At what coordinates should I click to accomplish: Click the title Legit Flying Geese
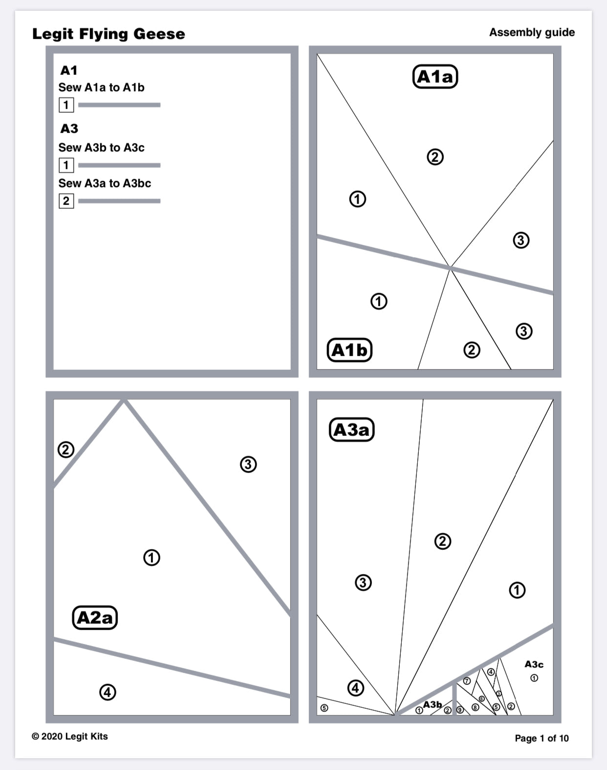point(108,34)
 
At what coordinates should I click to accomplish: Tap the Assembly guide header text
point(532,32)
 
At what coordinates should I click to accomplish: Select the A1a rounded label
point(435,77)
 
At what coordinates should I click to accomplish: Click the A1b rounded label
point(349,350)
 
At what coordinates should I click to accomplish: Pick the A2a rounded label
point(95,617)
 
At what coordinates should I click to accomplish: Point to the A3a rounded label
point(351,430)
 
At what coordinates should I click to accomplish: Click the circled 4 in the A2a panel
point(108,692)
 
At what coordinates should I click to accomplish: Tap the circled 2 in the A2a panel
point(66,450)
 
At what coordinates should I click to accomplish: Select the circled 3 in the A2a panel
point(248,464)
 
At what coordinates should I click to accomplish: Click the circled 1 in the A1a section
point(357,199)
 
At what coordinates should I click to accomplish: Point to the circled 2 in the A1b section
point(472,350)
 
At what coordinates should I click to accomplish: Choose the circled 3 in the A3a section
point(363,583)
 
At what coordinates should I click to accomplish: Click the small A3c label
point(534,664)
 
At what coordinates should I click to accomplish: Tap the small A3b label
point(432,704)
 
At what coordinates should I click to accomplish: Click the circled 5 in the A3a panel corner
point(324,708)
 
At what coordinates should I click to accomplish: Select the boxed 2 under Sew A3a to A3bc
point(66,201)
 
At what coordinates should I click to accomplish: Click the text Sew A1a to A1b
point(101,88)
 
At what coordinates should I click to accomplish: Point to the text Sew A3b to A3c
point(101,148)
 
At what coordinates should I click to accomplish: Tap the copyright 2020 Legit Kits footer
point(69,736)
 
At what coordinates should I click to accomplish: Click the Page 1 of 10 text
point(542,738)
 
